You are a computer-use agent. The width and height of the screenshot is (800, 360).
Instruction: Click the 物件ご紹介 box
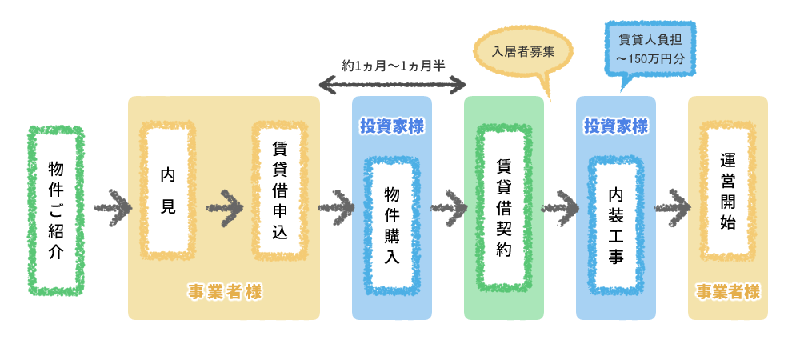[56, 210]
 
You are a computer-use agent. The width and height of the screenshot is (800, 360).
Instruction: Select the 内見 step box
[168, 190]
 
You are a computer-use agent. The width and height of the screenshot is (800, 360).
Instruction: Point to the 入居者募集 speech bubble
[524, 53]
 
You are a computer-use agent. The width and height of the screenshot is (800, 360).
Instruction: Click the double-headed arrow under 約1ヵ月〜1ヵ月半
[392, 83]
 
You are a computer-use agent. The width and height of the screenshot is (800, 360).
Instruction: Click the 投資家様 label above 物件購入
[392, 126]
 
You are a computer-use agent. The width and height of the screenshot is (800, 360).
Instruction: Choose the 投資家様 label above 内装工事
[616, 126]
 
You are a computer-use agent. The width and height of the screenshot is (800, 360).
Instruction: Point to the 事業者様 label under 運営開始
[728, 292]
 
